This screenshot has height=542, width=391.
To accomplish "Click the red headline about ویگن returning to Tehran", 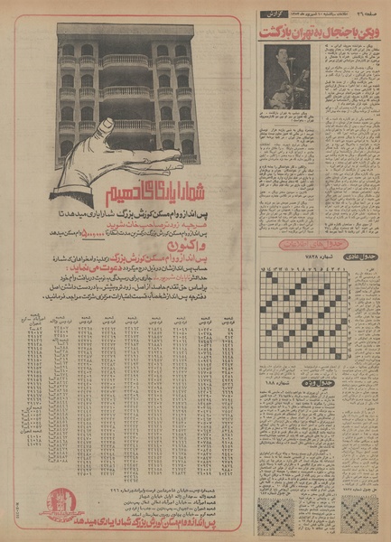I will [321, 32].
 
